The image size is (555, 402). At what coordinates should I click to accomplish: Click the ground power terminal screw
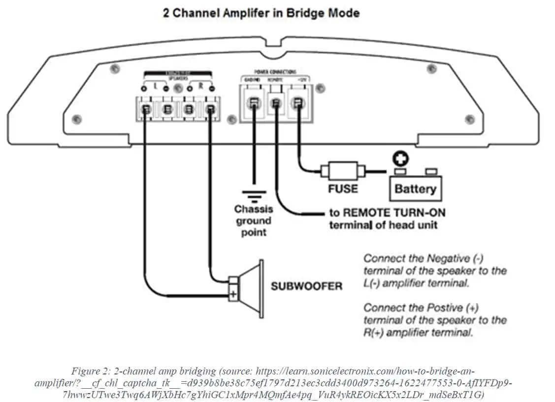tap(254, 103)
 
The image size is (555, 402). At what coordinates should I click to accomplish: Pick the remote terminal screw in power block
tap(276, 104)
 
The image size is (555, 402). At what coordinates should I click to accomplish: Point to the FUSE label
tap(343, 188)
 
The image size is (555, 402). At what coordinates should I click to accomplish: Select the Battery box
tap(415, 188)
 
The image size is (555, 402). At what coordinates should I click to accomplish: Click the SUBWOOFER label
tap(306, 286)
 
